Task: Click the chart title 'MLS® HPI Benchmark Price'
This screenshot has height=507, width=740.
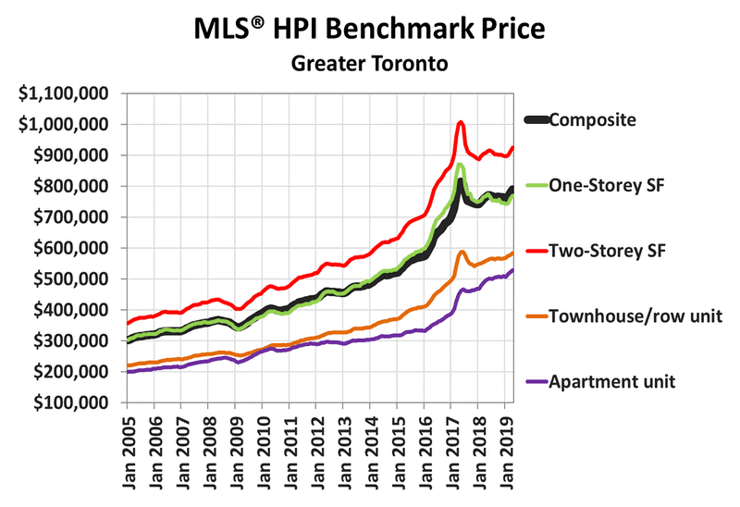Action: pos(370,28)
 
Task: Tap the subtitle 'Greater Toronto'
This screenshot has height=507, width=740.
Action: pos(370,64)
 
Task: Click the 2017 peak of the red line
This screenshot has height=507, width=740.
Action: pos(461,122)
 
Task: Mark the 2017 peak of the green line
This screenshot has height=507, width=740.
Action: pos(460,165)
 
